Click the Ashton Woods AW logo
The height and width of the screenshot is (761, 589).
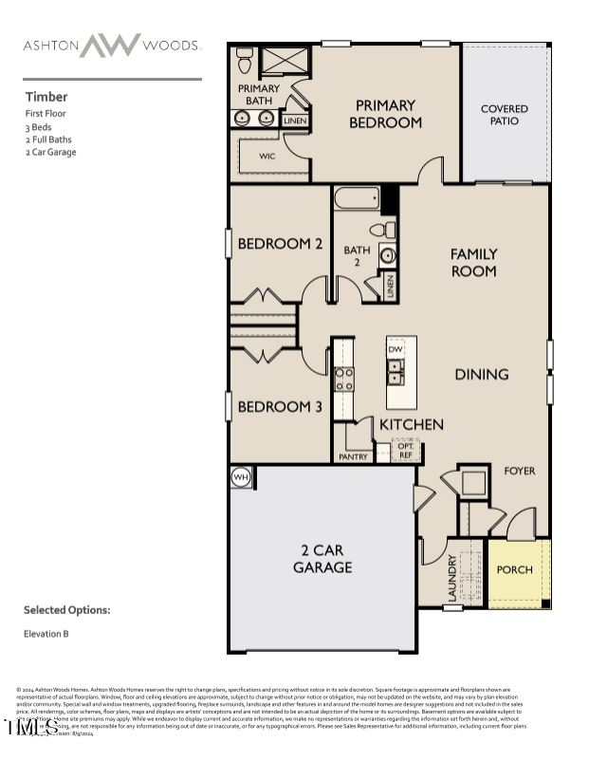[x=110, y=45]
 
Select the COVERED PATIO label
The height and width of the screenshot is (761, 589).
[x=504, y=115]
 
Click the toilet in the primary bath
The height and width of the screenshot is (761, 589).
[x=245, y=60]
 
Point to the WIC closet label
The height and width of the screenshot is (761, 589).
[x=267, y=157]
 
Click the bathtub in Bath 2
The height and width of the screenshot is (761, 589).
[x=357, y=200]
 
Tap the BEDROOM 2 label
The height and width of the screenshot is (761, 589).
[x=280, y=244]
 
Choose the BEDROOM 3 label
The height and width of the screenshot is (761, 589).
[x=280, y=406]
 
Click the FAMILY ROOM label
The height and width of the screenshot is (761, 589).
[x=473, y=262]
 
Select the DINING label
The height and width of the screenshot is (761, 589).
[x=481, y=374]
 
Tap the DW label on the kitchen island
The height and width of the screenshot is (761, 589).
[x=396, y=350]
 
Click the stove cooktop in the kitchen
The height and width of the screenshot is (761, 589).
[x=343, y=380]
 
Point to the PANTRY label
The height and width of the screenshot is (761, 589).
[x=353, y=457]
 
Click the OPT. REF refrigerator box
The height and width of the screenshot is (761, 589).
[x=405, y=450]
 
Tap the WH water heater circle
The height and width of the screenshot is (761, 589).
[x=241, y=477]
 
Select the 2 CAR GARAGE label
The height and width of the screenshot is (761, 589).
[x=322, y=558]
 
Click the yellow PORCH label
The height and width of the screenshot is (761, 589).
[x=515, y=570]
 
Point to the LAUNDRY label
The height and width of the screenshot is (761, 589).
[x=452, y=578]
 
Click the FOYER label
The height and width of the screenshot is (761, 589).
[x=519, y=471]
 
